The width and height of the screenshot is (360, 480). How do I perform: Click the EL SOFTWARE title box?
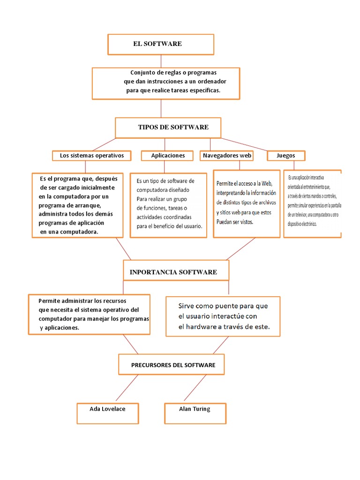coord(161,44)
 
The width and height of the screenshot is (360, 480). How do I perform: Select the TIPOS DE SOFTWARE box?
coord(168,127)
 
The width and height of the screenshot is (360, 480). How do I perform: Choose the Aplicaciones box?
coord(168,155)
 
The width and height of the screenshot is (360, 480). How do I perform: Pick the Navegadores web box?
coord(227,155)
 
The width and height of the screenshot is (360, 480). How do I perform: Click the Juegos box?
coord(286,155)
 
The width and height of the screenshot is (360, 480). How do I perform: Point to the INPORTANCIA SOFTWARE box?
coord(176,272)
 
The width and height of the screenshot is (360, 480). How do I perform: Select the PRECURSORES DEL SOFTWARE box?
coord(171,365)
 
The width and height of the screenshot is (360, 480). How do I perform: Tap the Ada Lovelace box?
coord(107,409)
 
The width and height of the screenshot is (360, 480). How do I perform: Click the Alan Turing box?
coord(195,409)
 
